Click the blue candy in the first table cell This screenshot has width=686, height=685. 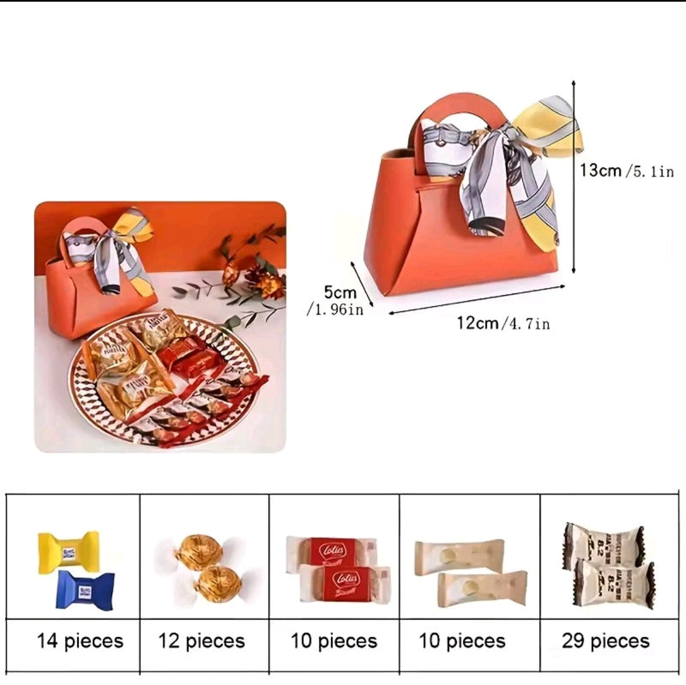[x=85, y=591]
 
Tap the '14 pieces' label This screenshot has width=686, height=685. [x=80, y=640]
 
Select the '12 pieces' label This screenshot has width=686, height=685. [x=202, y=640]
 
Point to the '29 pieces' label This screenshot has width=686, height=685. [x=605, y=640]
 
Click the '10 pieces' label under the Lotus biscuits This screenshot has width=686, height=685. [x=334, y=640]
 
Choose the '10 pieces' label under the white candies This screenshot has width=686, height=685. [x=463, y=640]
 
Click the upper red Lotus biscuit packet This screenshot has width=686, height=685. [x=331, y=550]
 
